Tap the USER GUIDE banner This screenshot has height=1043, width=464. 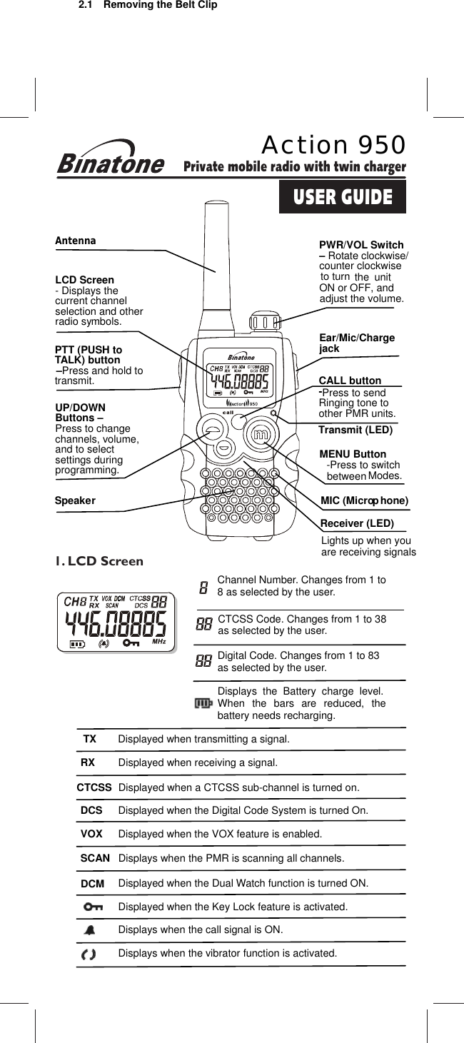point(343,197)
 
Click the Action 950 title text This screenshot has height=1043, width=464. point(333,145)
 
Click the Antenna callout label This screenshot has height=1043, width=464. point(75,241)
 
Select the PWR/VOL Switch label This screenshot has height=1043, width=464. point(361,245)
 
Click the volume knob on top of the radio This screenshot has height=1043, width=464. point(264,321)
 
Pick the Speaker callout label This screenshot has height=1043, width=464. point(75,500)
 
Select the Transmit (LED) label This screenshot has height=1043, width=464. point(355,430)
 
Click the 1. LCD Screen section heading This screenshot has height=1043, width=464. point(99,561)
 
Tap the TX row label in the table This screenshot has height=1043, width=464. point(89,739)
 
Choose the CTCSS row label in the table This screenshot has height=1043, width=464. point(94,787)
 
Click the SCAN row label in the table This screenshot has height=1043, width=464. point(95,858)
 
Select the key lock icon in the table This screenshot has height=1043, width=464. point(92,907)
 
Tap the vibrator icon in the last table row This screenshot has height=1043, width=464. point(89,954)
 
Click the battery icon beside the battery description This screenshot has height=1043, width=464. point(203,704)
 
